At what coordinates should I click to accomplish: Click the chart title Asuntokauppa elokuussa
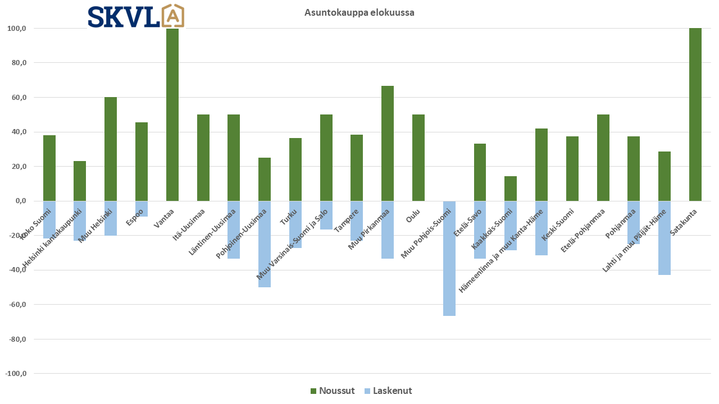pyautogui.click(x=359, y=12)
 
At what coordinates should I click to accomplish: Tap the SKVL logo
pyautogui.click(x=136, y=16)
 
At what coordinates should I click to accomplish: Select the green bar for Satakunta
pyautogui.click(x=695, y=114)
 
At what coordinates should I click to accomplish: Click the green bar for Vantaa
pyautogui.click(x=172, y=114)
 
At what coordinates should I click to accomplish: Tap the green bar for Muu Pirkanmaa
pyautogui.click(x=388, y=144)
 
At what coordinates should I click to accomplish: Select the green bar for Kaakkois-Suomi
pyautogui.click(x=511, y=189)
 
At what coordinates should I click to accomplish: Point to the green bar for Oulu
pyautogui.click(x=418, y=158)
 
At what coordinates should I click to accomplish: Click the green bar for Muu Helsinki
pyautogui.click(x=111, y=149)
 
